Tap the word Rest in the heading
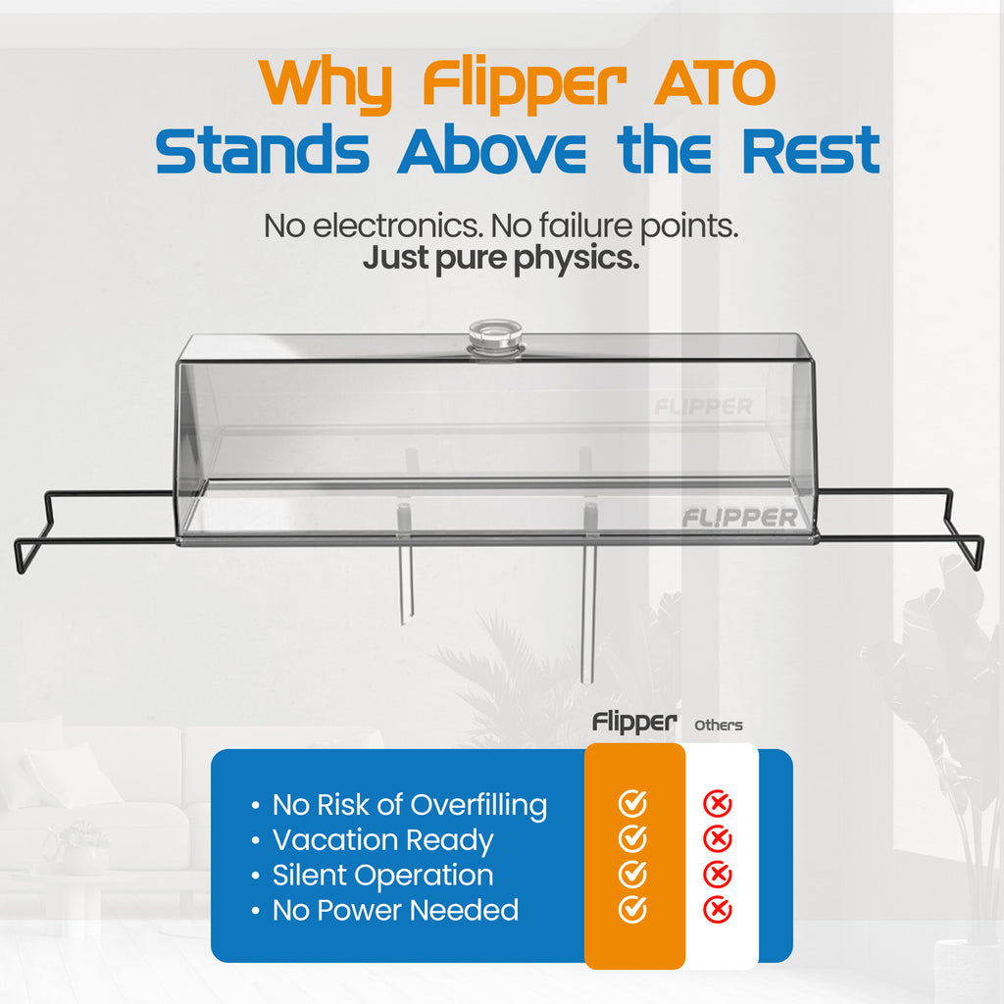810,151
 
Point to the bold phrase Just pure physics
501,260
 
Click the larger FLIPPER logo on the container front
739,517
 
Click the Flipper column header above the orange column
634,724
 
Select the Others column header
719,726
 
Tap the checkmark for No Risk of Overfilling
632,804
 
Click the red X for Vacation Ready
718,839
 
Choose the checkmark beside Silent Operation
632,874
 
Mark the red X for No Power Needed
718,909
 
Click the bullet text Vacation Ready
382,840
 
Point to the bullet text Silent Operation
382,875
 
